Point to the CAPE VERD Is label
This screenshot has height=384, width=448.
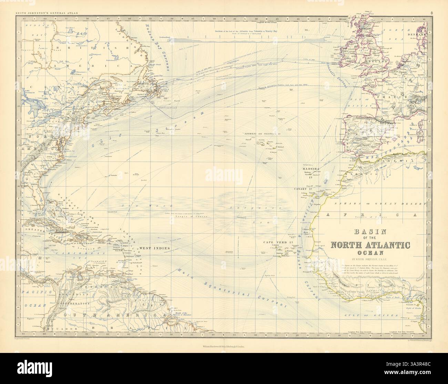point(278,242)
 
